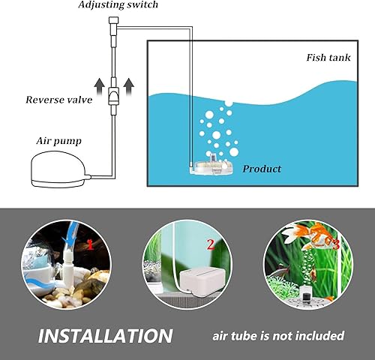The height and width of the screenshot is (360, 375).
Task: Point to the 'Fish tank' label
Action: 328,58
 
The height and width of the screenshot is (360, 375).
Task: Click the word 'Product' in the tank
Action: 262,169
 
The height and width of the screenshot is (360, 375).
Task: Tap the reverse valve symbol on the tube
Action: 113,95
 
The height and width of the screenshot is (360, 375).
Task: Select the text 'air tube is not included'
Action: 277,335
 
